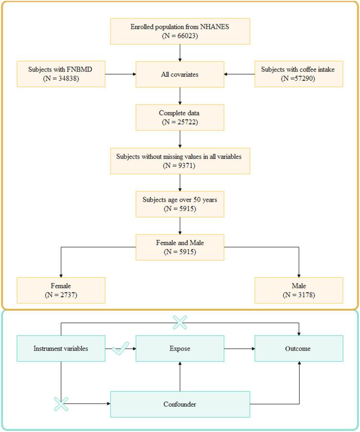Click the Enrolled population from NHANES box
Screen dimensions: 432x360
click(x=180, y=31)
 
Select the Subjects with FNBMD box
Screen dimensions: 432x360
click(x=61, y=74)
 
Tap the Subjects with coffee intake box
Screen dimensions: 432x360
click(x=299, y=74)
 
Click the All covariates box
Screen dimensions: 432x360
click(x=180, y=74)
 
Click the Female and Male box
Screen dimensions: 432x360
click(x=180, y=247)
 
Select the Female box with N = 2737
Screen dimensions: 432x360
click(x=61, y=290)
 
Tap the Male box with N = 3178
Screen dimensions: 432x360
click(x=299, y=290)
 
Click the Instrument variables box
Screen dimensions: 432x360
click(x=61, y=348)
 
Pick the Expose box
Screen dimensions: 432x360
click(x=180, y=348)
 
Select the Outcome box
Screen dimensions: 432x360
click(x=299, y=348)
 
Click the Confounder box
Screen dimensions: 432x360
click(x=180, y=404)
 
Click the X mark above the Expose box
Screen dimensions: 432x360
click(x=180, y=323)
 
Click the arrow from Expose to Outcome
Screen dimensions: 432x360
click(x=239, y=349)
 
